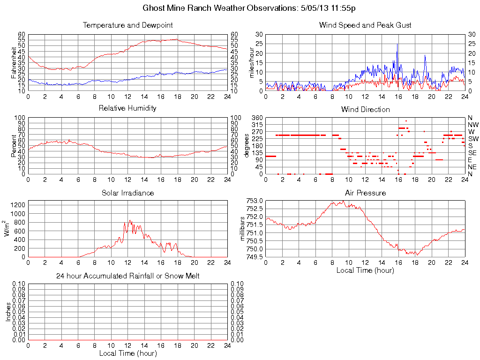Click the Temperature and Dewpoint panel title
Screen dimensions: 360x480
(x=127, y=25)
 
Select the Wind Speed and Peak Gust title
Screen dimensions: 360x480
(x=365, y=25)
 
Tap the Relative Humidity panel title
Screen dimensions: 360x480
(x=127, y=108)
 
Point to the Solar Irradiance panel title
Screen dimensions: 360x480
(x=127, y=193)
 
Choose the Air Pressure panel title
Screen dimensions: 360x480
(x=365, y=193)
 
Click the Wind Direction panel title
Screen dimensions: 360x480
(x=365, y=110)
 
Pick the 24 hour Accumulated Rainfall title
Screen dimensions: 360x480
(x=127, y=276)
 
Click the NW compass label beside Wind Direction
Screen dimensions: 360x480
(x=473, y=125)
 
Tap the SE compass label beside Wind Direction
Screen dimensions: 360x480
(x=472, y=153)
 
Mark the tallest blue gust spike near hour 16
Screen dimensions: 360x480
(x=397, y=45)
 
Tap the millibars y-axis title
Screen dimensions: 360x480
(x=242, y=228)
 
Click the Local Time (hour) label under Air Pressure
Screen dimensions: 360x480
(x=365, y=270)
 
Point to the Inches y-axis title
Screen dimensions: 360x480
(x=8, y=312)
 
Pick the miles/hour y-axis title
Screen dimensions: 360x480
(x=251, y=62)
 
